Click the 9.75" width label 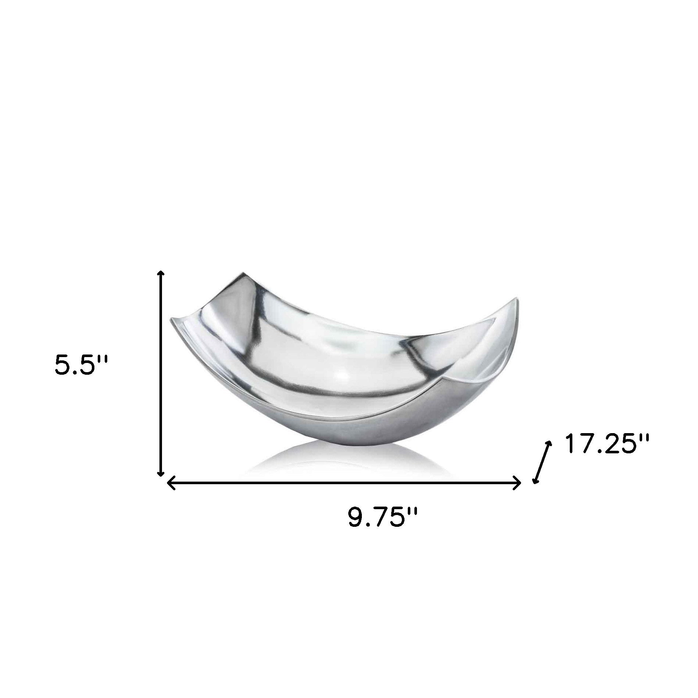pyautogui.click(x=382, y=518)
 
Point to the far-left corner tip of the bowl pyautogui.click(x=170, y=321)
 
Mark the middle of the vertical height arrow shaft pyautogui.click(x=161, y=373)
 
